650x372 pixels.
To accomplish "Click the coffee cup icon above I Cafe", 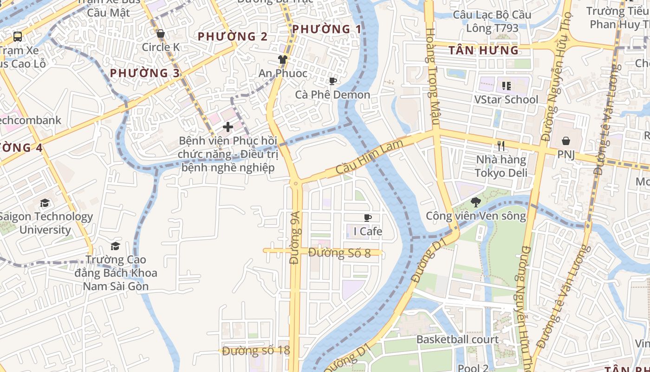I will [x=368, y=218].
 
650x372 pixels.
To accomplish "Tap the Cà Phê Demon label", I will [x=332, y=94].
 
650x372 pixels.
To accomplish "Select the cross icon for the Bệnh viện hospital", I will [x=228, y=126].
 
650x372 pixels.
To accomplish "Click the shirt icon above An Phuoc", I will [x=282, y=59].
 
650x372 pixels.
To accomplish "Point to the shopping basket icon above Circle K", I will [x=161, y=33].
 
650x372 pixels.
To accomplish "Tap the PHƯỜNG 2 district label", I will [x=233, y=36].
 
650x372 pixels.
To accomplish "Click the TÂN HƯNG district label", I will [x=483, y=50].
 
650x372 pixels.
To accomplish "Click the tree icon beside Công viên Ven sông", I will [x=475, y=202].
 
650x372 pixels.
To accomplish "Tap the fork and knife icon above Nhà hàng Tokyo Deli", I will [x=500, y=146].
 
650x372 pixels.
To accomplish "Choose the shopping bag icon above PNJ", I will [x=566, y=140].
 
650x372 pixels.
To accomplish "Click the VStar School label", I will [x=506, y=100].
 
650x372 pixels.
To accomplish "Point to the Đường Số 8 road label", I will [x=339, y=253].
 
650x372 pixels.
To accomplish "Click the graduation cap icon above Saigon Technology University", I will [x=45, y=203].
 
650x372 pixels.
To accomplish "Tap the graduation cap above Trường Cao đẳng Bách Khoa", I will [x=115, y=246].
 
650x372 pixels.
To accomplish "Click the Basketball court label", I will [x=457, y=339].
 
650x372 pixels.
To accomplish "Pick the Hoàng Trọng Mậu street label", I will [x=432, y=77].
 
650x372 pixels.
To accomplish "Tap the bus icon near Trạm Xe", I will [x=18, y=36].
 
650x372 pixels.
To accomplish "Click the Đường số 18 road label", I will [x=256, y=351].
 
